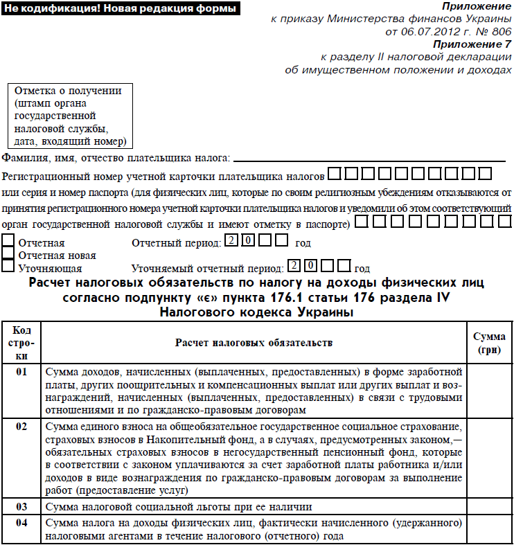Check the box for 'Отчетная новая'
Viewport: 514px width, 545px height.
point(8,253)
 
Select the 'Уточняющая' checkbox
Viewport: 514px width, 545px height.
point(8,266)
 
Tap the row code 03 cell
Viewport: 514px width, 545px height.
point(22,507)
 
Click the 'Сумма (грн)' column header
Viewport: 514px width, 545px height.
point(488,342)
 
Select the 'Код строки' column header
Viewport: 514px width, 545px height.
point(22,342)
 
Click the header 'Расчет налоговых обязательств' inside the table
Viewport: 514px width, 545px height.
point(254,342)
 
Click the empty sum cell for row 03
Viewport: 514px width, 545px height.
point(488,507)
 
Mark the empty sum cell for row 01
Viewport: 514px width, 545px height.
point(488,388)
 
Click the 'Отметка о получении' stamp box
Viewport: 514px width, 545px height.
point(70,116)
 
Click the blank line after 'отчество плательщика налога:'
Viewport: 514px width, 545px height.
point(367,159)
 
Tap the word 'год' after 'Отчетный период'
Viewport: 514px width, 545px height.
point(303,243)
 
